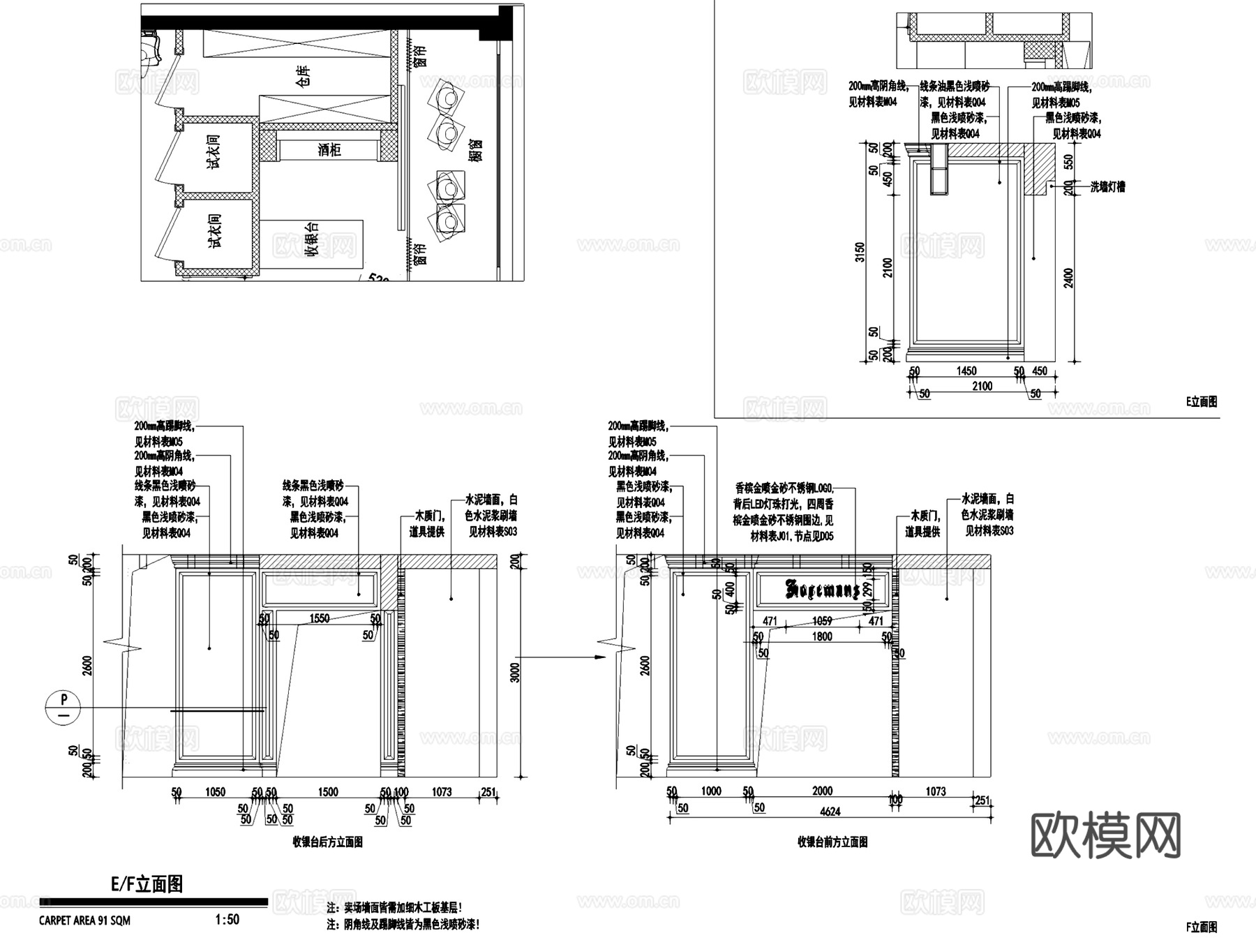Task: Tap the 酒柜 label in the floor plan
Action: (329, 149)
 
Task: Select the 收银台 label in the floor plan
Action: (313, 240)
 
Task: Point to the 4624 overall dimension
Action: (830, 811)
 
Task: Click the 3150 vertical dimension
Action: (860, 252)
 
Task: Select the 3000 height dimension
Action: (515, 672)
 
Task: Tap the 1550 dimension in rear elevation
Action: (319, 618)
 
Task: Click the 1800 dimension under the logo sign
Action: (822, 636)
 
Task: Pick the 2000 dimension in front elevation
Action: (822, 791)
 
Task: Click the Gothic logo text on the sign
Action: (823, 590)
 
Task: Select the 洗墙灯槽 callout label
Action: (1107, 187)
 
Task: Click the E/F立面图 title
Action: (147, 885)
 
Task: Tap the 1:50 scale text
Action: (227, 920)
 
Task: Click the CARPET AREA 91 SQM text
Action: (84, 920)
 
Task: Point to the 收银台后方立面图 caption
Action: (327, 842)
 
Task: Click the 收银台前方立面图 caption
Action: (832, 842)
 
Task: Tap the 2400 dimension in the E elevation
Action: (1068, 277)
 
